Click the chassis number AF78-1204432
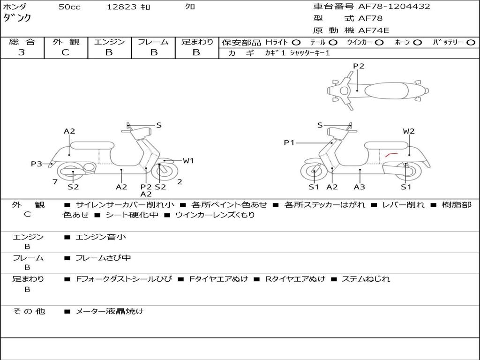pos(387,7)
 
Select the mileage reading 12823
pos(121,7)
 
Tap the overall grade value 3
pos(22,52)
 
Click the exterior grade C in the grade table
pos(65,52)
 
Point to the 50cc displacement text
pos(69,7)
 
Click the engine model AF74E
pos(374,31)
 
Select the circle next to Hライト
pos(297,42)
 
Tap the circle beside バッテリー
pos(471,42)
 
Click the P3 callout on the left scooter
pos(36,164)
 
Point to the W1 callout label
pos(188,161)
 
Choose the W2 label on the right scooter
pos(409,131)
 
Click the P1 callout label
pos(289,142)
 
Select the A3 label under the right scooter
pos(360,187)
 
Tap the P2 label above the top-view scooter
pos(359,66)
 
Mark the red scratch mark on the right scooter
pos(391,154)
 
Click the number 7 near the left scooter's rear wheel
pos(55,182)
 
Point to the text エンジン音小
pos(101,237)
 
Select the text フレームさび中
pos(103,258)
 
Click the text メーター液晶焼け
pos(110,311)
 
